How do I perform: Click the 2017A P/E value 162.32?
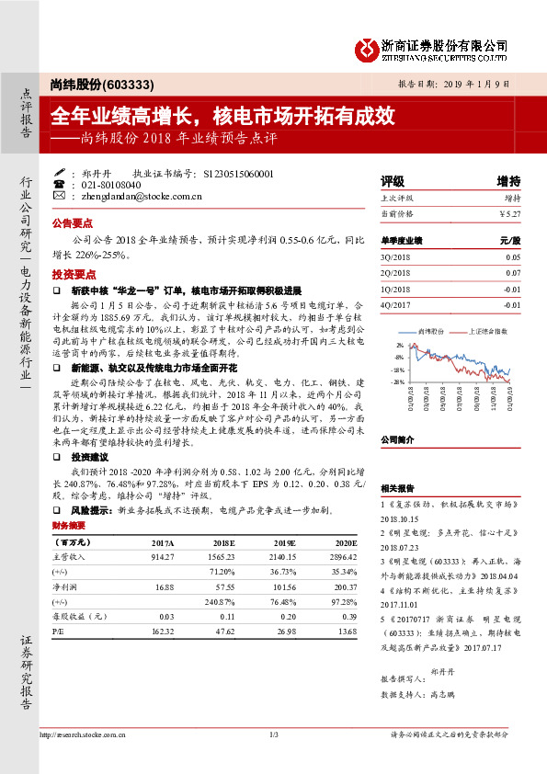(162, 632)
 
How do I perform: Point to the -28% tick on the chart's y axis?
(398, 382)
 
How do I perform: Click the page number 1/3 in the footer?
(273, 734)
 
